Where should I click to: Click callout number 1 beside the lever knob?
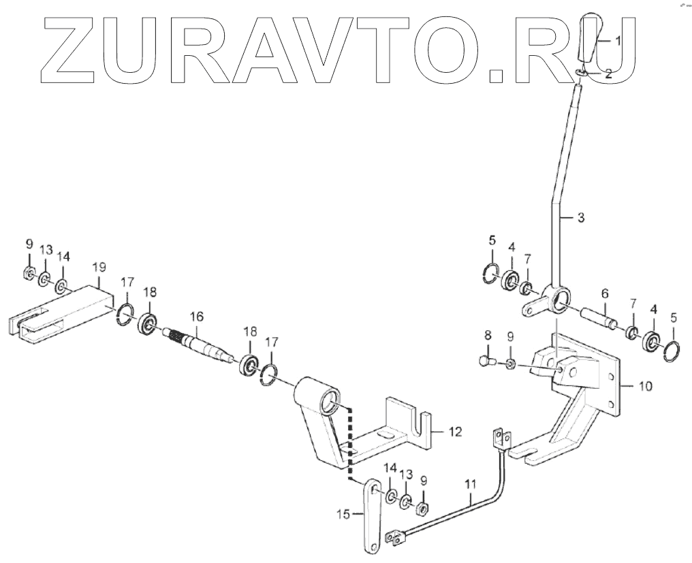(x=618, y=41)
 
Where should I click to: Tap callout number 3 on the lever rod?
(x=580, y=218)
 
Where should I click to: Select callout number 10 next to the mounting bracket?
(x=646, y=386)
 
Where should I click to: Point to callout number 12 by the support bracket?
(x=456, y=431)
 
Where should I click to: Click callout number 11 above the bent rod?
(x=469, y=485)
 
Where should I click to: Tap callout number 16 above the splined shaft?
(x=197, y=317)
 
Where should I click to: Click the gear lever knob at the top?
(x=590, y=41)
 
